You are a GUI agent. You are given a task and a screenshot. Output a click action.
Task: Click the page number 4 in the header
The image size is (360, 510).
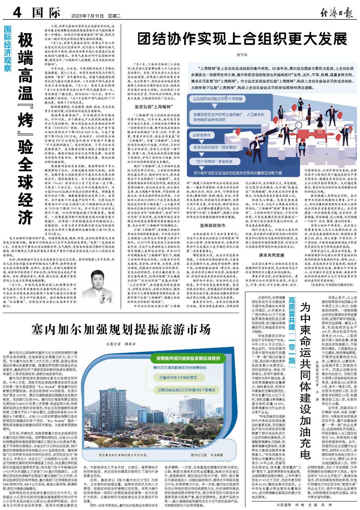click(x=17, y=14)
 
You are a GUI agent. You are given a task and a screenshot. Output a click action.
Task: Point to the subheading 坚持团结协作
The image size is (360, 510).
click(x=213, y=225)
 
